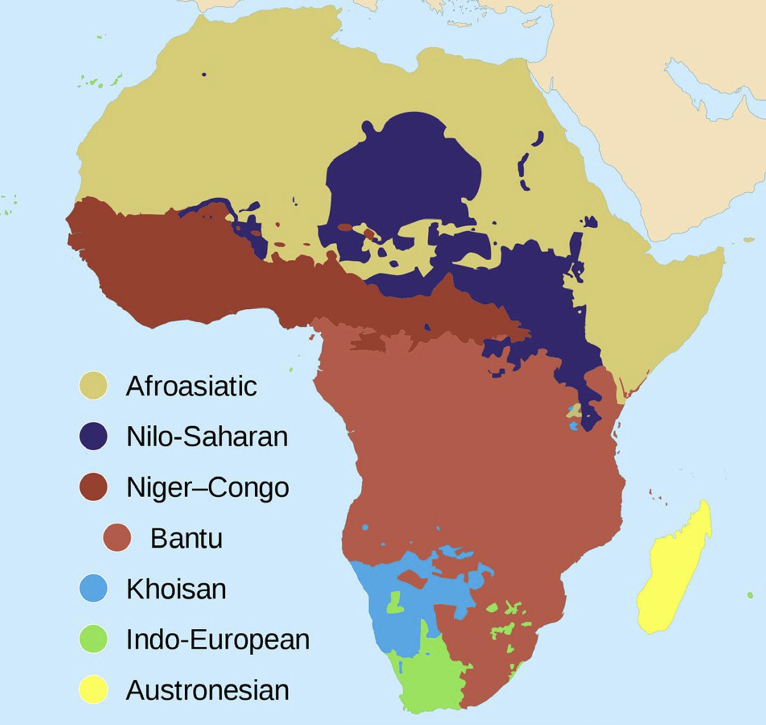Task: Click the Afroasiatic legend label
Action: pyautogui.click(x=191, y=387)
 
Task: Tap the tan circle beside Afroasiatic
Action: pyautogui.click(x=93, y=386)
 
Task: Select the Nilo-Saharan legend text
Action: pyautogui.click(x=207, y=437)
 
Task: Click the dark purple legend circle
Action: pyautogui.click(x=93, y=436)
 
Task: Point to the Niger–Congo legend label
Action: pyautogui.click(x=207, y=487)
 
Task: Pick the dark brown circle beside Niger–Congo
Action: pyautogui.click(x=93, y=487)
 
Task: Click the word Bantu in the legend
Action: pyautogui.click(x=186, y=538)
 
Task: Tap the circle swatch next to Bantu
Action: pyautogui.click(x=117, y=537)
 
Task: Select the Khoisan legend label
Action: pyautogui.click(x=176, y=589)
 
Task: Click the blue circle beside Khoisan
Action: pyautogui.click(x=93, y=588)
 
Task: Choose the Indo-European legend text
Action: pyautogui.click(x=218, y=640)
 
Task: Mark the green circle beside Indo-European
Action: pyautogui.click(x=93, y=639)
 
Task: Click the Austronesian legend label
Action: pyautogui.click(x=207, y=691)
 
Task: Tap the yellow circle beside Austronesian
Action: pyautogui.click(x=93, y=690)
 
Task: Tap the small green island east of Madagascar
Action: pyautogui.click(x=750, y=595)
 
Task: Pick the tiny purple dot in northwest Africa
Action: pyautogui.click(x=204, y=74)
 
